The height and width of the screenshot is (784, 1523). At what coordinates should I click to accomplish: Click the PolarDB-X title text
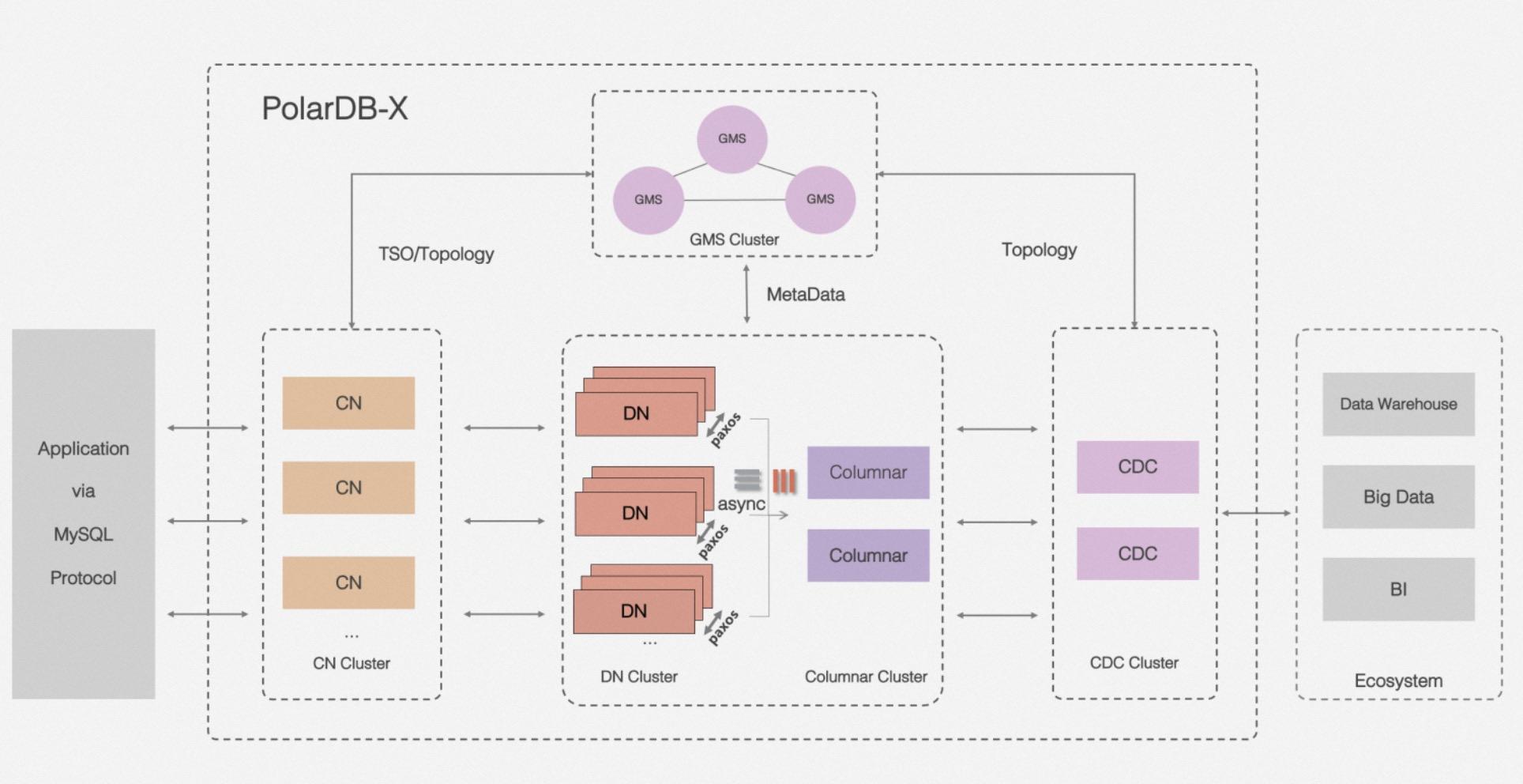point(334,108)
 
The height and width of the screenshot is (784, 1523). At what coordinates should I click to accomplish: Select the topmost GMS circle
point(731,138)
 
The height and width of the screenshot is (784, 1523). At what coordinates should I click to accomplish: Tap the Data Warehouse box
point(1398,404)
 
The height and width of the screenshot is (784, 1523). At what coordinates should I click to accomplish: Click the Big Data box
point(1398,496)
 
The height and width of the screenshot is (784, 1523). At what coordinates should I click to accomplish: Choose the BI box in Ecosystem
point(1398,589)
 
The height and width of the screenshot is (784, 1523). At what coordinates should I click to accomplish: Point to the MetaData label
point(805,294)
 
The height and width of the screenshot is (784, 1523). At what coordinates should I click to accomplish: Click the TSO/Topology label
point(436,254)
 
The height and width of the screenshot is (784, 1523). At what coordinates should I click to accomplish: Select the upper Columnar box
point(867,473)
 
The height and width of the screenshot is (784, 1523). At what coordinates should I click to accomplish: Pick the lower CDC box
point(1137,553)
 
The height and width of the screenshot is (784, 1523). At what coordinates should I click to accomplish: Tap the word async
point(741,503)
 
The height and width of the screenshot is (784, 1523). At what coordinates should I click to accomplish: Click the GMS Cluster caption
point(734,239)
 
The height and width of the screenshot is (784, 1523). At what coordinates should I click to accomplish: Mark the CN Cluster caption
point(351,663)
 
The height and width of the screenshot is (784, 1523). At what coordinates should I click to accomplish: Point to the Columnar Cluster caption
point(865,677)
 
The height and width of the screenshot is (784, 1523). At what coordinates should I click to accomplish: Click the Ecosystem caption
point(1398,680)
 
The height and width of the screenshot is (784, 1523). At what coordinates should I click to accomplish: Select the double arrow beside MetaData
point(746,294)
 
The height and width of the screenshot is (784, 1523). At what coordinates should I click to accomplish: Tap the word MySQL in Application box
point(83,534)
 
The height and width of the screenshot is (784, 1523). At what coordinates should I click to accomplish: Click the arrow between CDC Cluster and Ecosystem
point(1256,513)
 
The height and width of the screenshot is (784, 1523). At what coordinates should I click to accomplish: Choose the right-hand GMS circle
point(820,199)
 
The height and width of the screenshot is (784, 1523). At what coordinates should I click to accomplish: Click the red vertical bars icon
point(784,481)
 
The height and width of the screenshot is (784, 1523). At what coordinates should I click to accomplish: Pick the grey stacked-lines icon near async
point(747,479)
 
